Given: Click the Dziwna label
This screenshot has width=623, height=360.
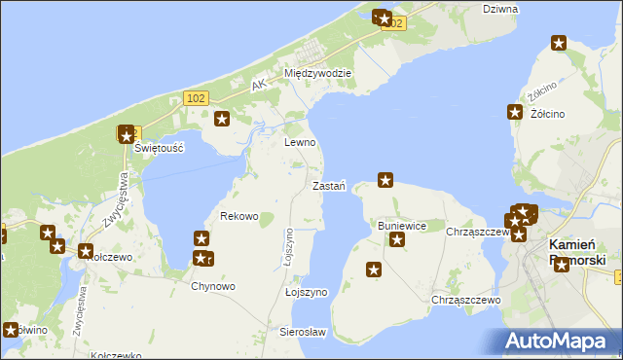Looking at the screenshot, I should [500, 9].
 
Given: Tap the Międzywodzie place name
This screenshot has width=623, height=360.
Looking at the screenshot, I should [317, 73].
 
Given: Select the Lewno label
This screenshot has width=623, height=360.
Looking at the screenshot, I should [300, 142].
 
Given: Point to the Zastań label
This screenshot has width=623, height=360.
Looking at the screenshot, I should [329, 186].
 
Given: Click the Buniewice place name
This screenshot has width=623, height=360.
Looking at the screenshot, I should [402, 226].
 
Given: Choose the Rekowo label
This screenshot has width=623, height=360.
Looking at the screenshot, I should [239, 216].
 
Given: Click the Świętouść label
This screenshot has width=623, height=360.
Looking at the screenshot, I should [160, 147].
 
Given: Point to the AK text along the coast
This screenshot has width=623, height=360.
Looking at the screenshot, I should [258, 87].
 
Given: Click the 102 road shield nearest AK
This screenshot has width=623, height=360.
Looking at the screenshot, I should [196, 97].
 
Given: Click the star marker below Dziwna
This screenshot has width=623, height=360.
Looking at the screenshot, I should [559, 43].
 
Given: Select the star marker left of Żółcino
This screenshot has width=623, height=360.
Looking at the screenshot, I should [515, 113].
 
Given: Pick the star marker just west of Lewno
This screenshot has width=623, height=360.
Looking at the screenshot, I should [222, 120].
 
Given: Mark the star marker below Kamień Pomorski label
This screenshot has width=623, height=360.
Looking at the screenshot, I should [561, 265].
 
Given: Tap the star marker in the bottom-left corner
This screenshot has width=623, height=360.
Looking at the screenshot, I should [12, 330].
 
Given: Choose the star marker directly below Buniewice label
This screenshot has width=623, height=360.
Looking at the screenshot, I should [397, 239].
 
